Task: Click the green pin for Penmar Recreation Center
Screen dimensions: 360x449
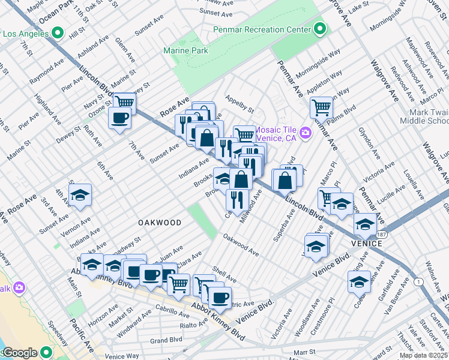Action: click(320, 29)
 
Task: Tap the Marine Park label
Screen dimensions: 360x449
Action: click(185, 51)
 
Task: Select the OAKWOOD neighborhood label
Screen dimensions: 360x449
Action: click(160, 223)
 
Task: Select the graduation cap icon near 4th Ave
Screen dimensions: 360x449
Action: click(80, 196)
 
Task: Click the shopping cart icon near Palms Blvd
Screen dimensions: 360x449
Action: click(322, 108)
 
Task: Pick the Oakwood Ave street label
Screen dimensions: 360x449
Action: click(241, 246)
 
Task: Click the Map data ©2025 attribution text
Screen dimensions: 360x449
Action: click(424, 356)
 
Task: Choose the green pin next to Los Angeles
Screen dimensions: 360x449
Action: click(58, 33)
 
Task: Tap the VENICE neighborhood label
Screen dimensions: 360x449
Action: click(367, 244)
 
